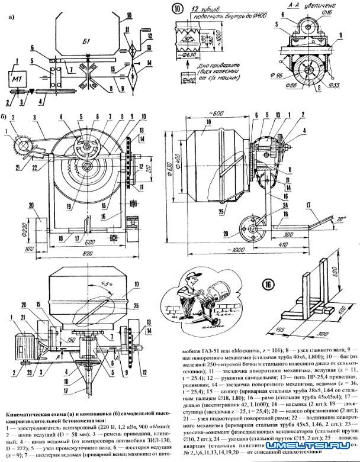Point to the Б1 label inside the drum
point(86,41)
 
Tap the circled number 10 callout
point(177,8)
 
